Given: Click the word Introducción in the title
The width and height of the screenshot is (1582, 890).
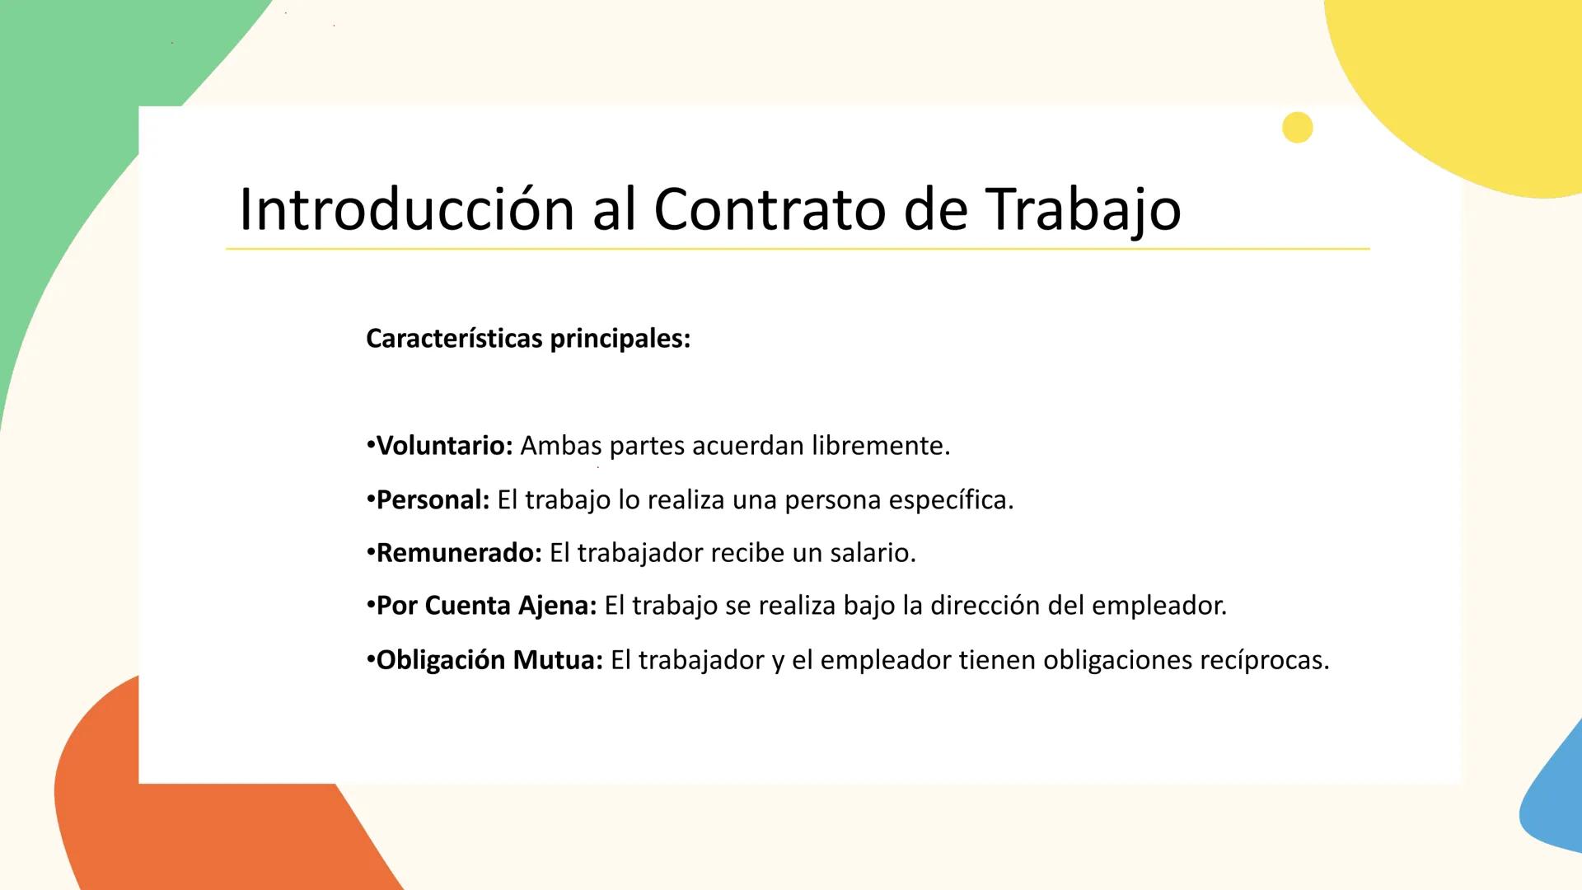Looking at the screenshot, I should click(406, 209).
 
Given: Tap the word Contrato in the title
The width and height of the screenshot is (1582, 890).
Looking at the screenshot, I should click(769, 209).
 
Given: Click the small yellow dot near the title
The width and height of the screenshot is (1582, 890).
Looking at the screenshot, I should click(1297, 128).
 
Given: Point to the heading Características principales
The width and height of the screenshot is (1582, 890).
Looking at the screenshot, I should click(527, 339).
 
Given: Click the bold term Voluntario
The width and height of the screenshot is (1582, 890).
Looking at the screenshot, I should click(444, 446).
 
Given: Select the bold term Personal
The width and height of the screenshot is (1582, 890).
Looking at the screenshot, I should click(433, 500).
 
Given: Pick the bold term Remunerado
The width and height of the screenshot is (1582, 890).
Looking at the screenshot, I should click(459, 553).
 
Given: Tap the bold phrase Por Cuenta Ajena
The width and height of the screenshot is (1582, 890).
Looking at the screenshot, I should click(486, 606).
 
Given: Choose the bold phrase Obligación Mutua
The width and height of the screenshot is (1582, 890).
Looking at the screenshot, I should click(489, 660).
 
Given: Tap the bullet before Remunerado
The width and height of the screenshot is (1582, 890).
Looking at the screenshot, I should click(371, 552).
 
